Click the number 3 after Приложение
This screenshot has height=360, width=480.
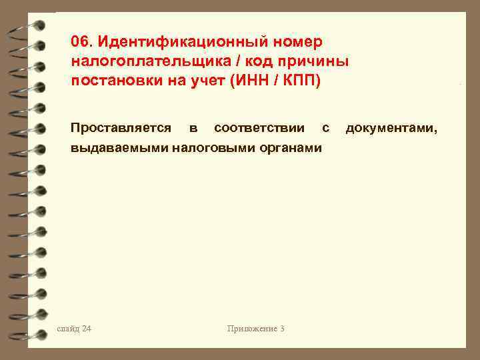[x=283, y=329]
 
